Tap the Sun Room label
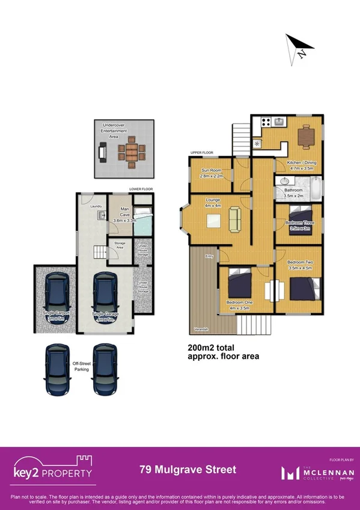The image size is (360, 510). coord(212,173)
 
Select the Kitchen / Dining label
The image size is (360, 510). coord(302,165)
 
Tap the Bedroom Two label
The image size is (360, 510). coord(299,263)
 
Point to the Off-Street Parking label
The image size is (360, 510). coord(81,366)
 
